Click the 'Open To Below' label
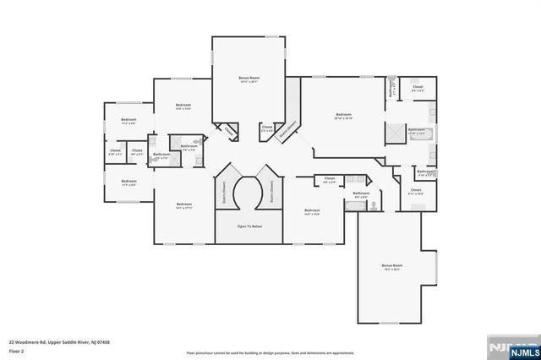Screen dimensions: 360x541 tap(253, 226)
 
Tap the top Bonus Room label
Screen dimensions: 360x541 tap(248, 78)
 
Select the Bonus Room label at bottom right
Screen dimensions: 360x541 tap(391, 265)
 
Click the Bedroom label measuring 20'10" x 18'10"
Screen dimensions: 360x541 tap(342, 115)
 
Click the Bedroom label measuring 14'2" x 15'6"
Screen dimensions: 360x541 tap(312, 210)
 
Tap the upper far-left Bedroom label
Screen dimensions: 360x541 tap(128, 121)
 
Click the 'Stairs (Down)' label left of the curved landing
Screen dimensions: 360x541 tap(223, 190)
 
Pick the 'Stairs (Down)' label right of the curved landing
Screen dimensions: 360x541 tap(274, 190)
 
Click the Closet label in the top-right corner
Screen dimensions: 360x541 tap(418, 88)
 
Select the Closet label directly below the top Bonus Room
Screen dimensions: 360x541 tap(266, 129)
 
